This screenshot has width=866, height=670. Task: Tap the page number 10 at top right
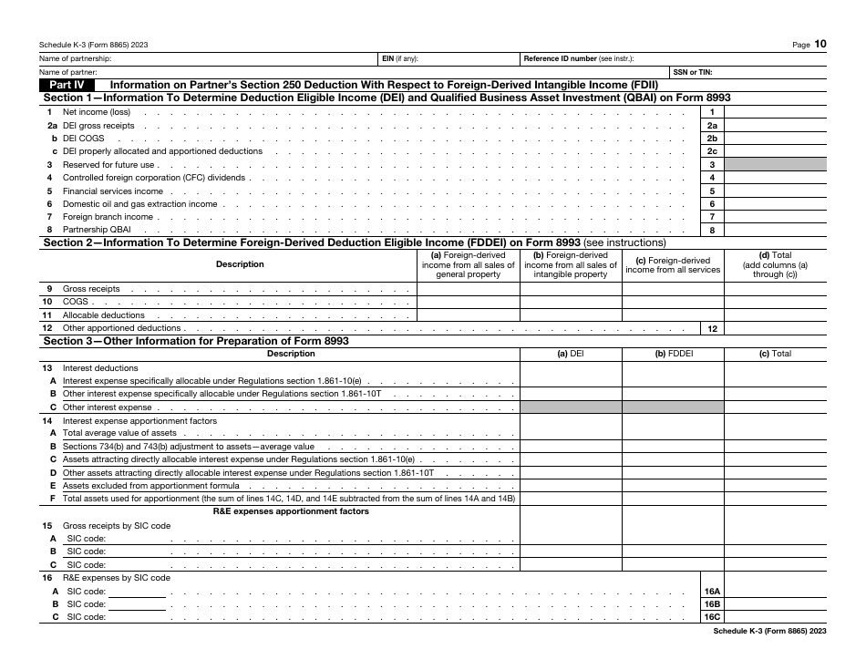pos(820,43)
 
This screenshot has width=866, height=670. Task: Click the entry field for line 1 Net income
pos(775,112)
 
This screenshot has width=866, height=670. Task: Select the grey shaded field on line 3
pos(775,165)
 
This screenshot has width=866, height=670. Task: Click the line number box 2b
pos(712,139)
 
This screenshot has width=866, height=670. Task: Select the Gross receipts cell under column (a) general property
pos(468,289)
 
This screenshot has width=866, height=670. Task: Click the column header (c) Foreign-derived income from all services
pos(674,264)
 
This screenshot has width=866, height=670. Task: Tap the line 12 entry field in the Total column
pos(775,328)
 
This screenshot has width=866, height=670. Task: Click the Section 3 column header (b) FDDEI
pos(673,354)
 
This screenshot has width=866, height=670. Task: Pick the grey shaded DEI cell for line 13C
pos(571,407)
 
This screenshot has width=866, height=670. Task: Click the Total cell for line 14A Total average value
pos(775,434)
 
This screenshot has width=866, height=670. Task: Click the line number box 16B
pos(712,604)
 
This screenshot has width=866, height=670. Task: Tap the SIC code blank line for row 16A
pos(138,592)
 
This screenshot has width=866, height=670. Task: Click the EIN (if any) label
pos(400,58)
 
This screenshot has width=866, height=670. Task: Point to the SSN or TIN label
pos(693,72)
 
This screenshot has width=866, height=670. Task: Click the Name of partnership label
pos(73,58)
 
